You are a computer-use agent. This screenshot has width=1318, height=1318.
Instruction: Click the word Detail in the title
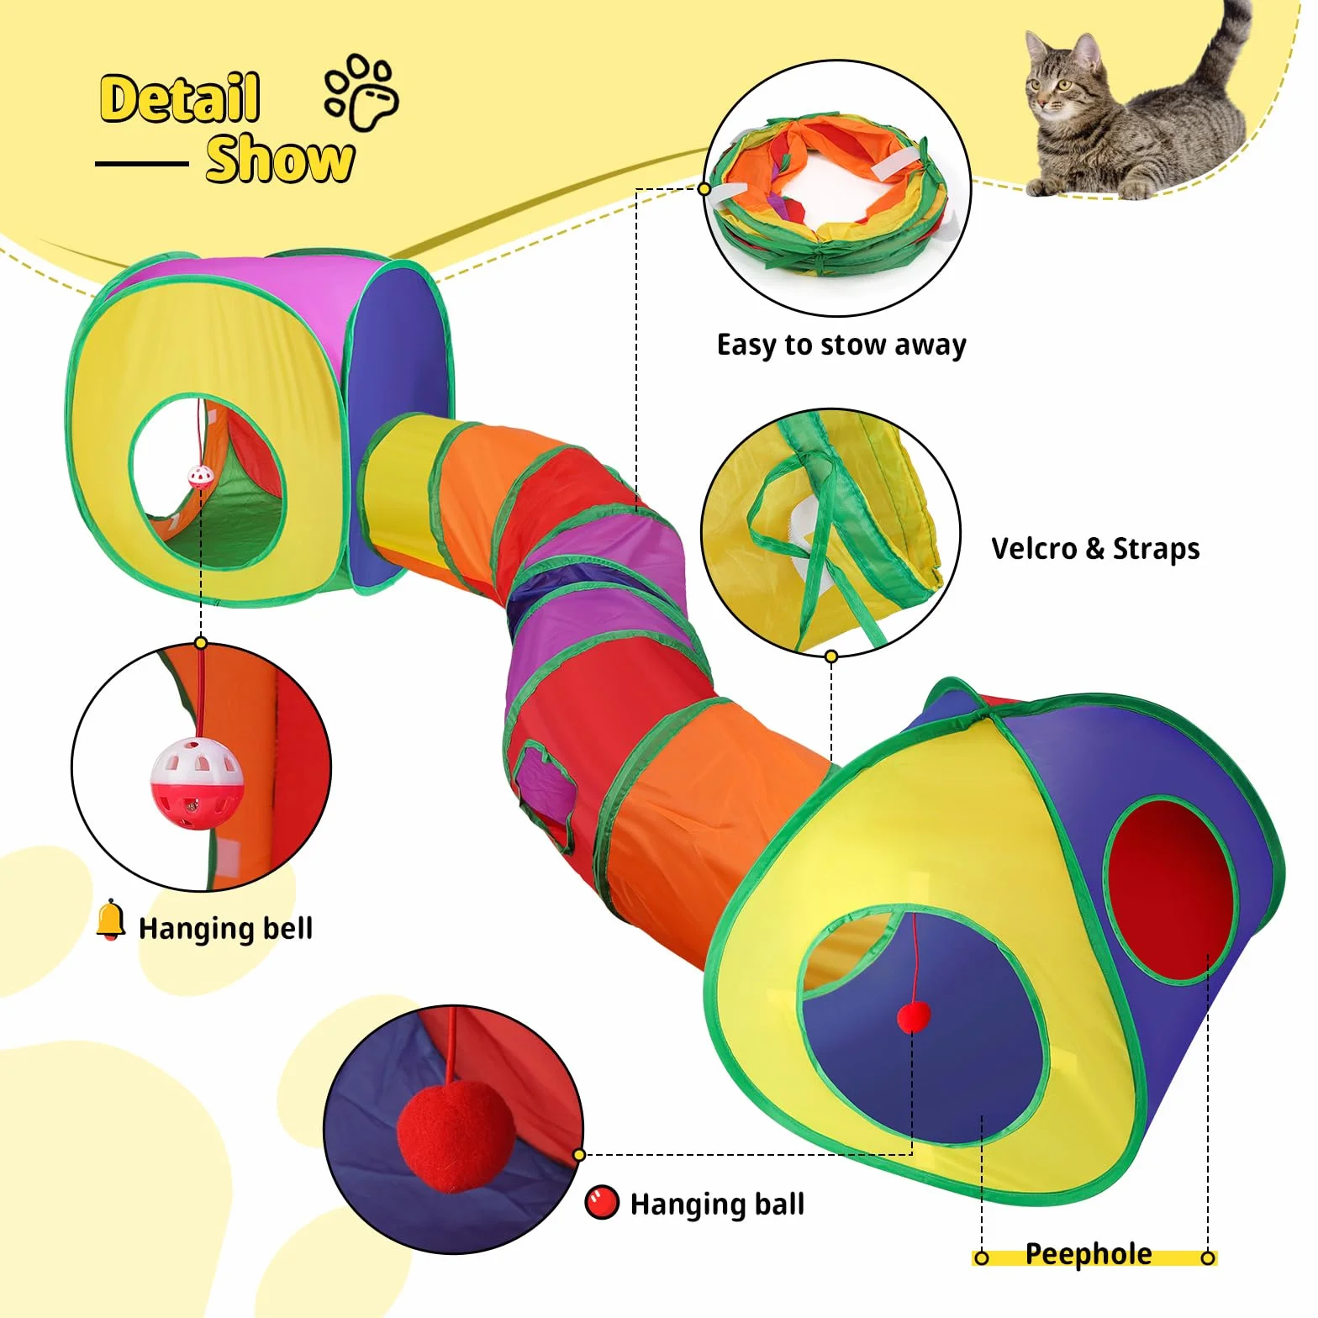point(180,98)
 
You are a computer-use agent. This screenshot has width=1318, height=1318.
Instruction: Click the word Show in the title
point(280,159)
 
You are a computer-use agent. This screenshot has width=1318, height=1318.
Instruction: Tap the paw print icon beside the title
point(362,93)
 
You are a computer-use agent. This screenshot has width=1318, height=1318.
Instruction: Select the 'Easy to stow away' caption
point(841,345)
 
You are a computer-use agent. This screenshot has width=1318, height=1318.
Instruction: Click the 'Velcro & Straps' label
point(1095,549)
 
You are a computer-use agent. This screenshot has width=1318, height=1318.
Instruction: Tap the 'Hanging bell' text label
point(225,929)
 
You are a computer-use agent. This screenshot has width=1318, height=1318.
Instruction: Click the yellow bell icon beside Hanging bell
point(110,920)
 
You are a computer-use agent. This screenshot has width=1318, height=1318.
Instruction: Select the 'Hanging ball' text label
point(717,1205)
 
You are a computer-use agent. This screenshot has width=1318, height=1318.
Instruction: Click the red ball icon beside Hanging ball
point(602,1202)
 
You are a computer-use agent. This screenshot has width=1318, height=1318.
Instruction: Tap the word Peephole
point(1089,1254)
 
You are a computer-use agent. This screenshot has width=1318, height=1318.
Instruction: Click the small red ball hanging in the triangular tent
point(914,1016)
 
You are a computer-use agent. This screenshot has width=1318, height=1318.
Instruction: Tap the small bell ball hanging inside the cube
point(200,478)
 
